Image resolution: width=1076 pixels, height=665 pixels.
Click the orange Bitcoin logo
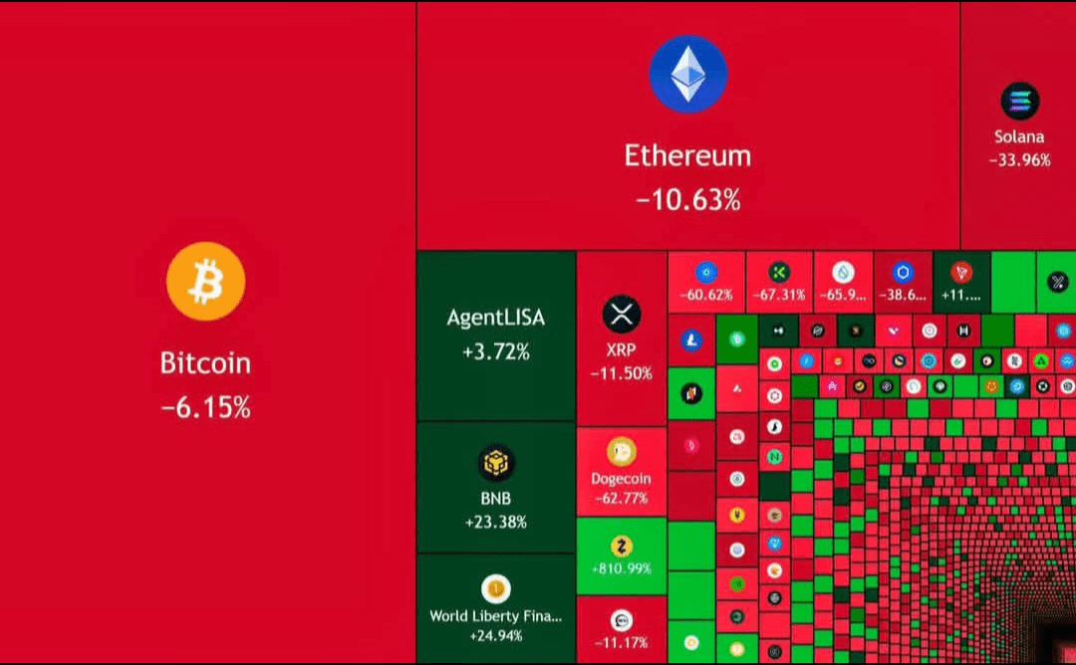coord(205,281)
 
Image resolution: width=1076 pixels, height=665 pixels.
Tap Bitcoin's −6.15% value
coord(205,406)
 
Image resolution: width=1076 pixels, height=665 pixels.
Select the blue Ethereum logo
coord(687,74)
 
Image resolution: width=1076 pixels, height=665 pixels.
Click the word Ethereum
coord(687,155)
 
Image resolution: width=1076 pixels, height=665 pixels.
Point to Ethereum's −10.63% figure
coord(687,200)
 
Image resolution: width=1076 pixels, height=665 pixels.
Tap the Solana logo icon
coord(1019,101)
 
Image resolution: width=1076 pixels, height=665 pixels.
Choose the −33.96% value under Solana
coord(1019,159)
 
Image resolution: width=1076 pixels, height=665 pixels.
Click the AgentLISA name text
coord(495,319)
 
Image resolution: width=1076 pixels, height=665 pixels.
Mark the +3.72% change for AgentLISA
coord(495,351)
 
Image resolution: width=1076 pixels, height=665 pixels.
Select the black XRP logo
coord(622,316)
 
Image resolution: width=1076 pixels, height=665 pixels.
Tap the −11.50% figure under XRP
coord(622,373)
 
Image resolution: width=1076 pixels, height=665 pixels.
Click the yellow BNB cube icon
coord(495,463)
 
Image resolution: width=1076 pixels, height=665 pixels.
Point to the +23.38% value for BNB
coord(495,522)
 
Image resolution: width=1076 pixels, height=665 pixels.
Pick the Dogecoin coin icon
coord(621,452)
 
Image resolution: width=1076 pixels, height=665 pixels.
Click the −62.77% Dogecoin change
coord(621,498)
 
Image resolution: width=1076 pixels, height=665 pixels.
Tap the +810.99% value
coord(621,568)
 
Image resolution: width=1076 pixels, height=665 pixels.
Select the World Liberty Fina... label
coord(495,616)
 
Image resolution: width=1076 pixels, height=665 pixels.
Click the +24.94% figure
coord(495,635)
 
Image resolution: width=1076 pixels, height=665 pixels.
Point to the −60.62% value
coord(705,295)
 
